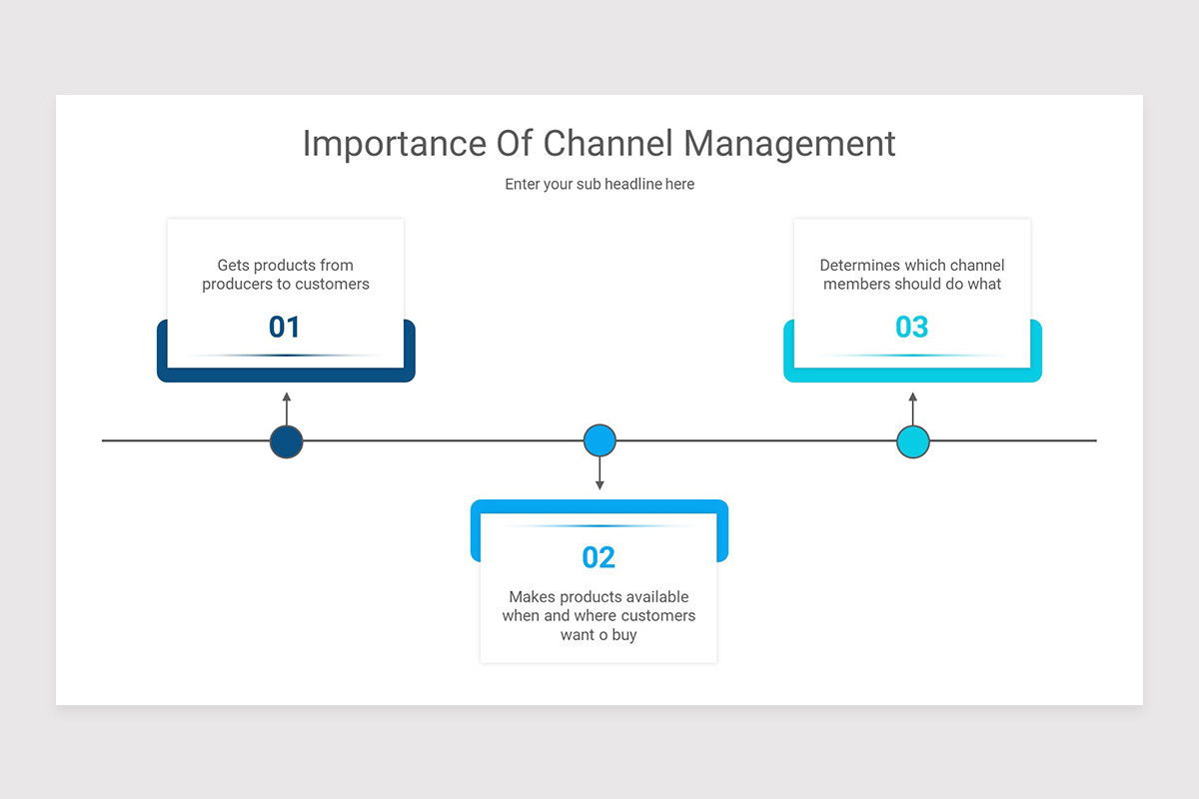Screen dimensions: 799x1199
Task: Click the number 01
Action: click(x=285, y=327)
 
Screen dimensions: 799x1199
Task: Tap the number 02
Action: click(x=599, y=557)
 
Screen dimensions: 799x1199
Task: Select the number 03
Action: click(x=911, y=327)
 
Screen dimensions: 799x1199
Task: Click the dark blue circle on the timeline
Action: click(x=287, y=441)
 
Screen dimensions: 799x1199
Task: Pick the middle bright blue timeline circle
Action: click(x=599, y=440)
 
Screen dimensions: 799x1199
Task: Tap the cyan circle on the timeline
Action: click(x=913, y=441)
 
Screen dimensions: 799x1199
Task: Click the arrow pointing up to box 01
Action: click(x=287, y=407)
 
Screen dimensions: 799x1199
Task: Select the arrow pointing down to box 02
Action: click(x=599, y=474)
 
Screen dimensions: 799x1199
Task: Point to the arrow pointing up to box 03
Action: click(x=912, y=407)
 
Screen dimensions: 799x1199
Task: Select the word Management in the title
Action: click(x=789, y=144)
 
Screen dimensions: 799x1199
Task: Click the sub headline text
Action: click(x=599, y=184)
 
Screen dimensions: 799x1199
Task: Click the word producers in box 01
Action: click(x=238, y=285)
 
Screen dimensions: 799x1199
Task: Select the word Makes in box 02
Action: click(x=531, y=597)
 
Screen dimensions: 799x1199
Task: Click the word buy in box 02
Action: click(x=624, y=635)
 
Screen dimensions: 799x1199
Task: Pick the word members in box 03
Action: click(x=856, y=285)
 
